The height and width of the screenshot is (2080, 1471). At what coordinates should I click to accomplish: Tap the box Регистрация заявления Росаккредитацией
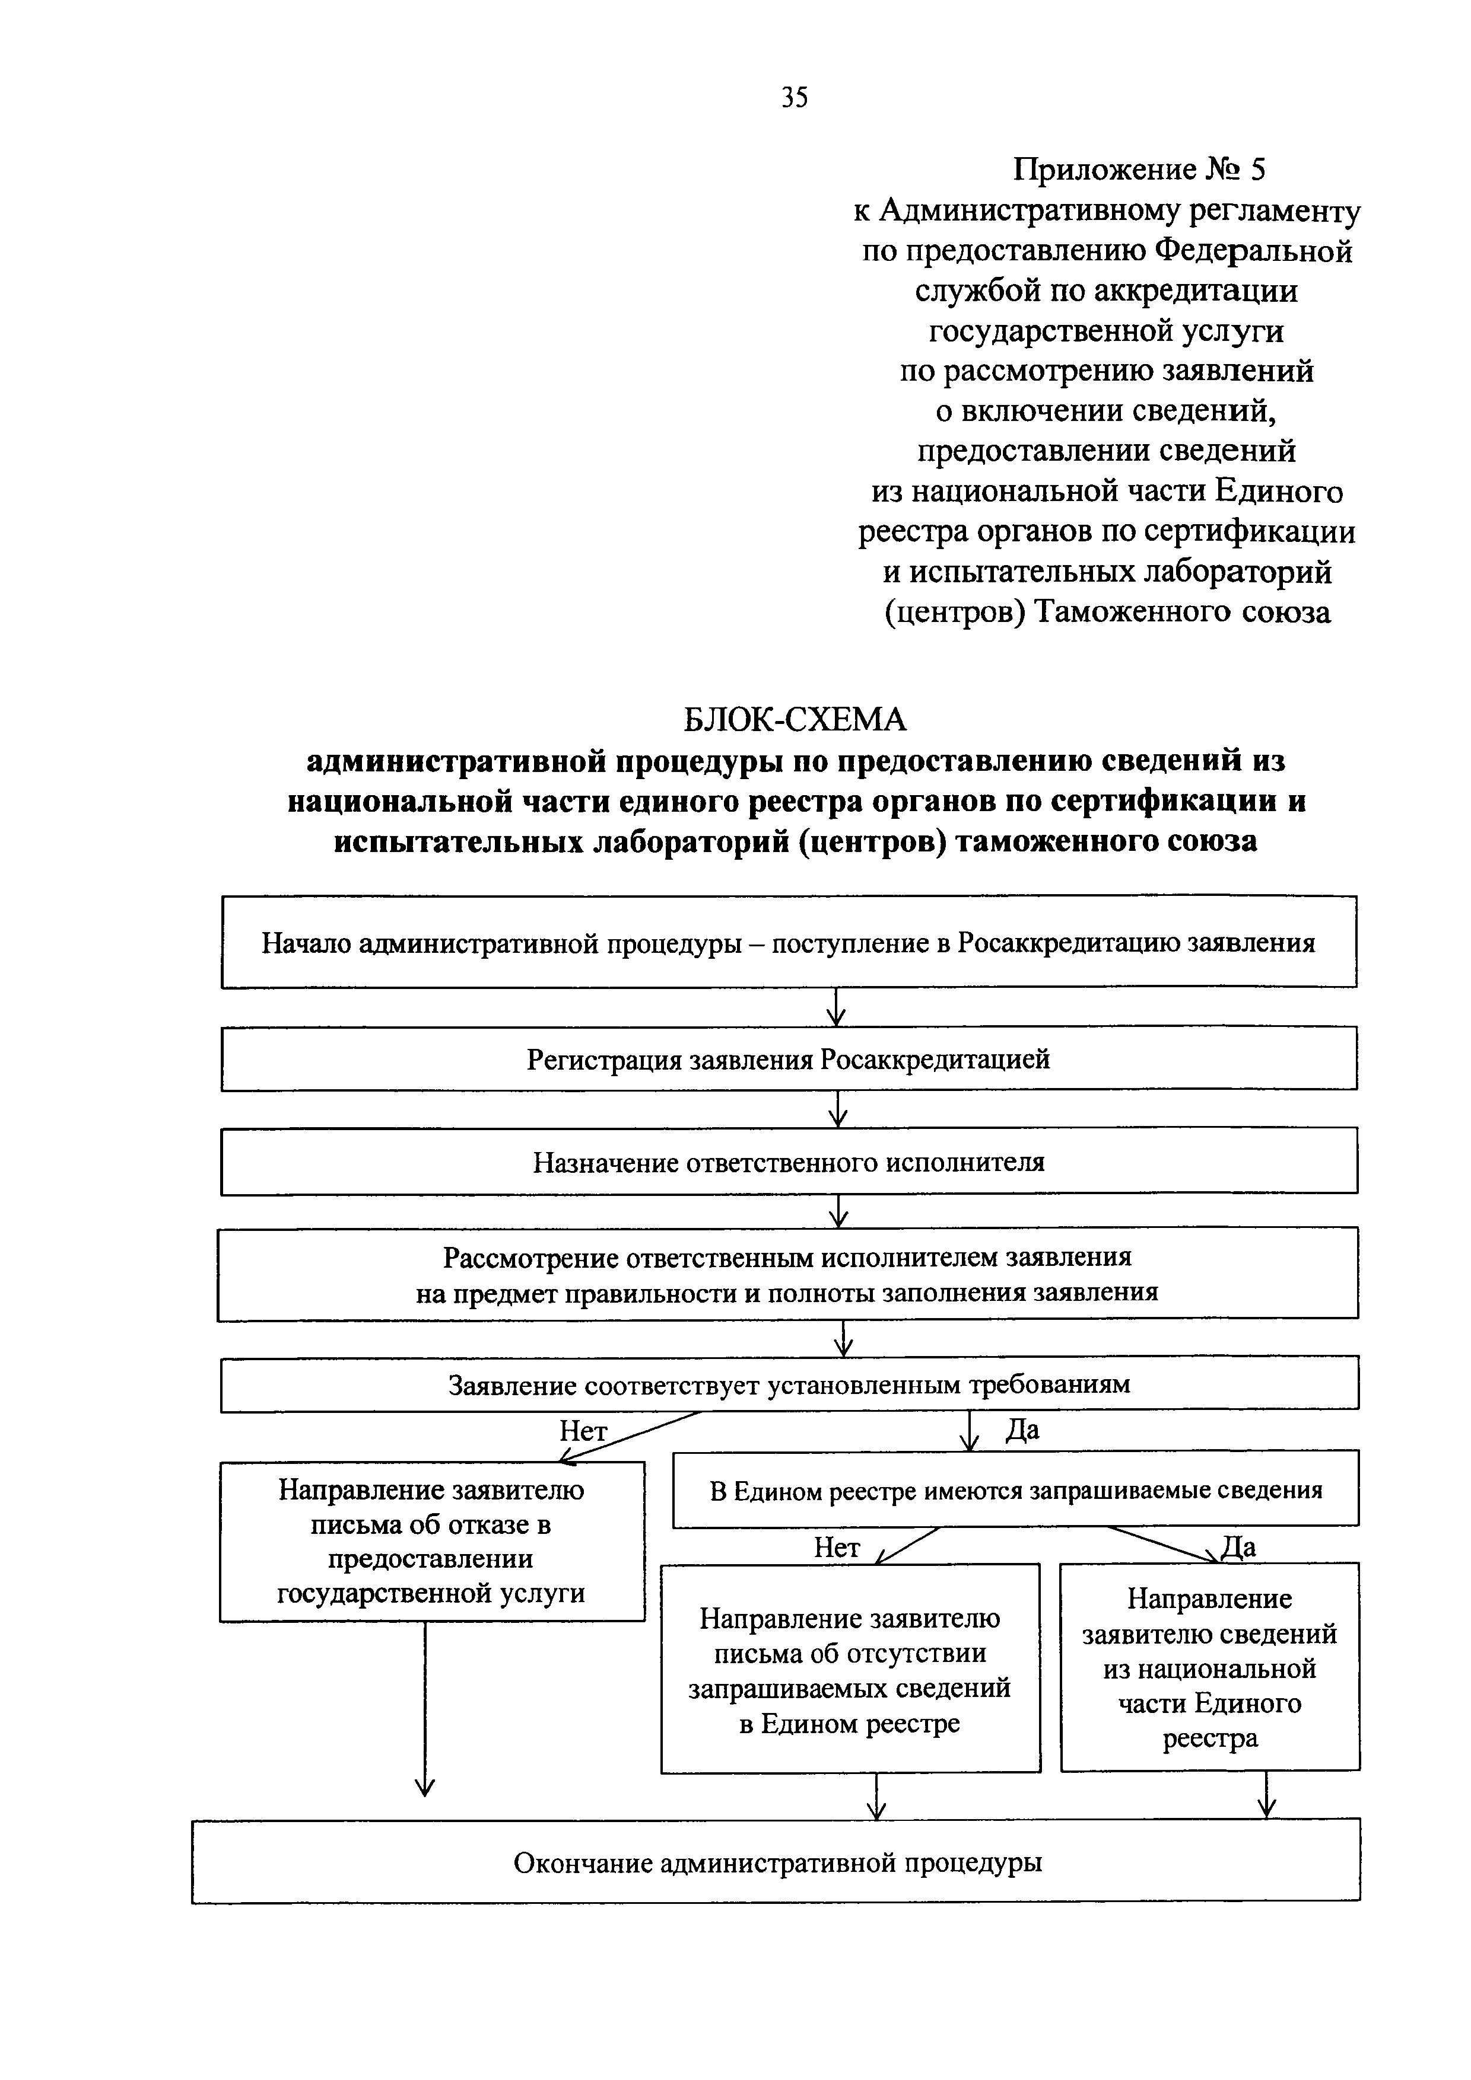[789, 1058]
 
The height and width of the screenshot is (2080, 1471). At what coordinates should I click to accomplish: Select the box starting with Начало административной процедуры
[789, 942]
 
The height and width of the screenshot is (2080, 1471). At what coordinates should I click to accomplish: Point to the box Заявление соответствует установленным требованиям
[789, 1383]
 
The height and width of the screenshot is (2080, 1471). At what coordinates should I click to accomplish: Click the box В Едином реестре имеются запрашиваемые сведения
[1015, 1490]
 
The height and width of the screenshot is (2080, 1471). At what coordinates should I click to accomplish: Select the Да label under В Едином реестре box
[1238, 1546]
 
